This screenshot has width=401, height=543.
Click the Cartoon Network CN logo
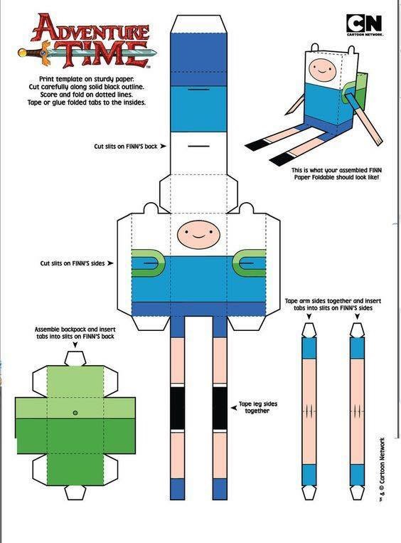[364, 23]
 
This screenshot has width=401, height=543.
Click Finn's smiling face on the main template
[198, 234]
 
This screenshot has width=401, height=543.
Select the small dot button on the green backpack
[75, 413]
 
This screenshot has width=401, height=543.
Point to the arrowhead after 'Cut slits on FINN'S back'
[163, 146]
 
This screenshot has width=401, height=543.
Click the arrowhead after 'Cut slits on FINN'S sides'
[110, 263]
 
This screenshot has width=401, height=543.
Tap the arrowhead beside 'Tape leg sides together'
[234, 408]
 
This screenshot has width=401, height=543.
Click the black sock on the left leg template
[177, 408]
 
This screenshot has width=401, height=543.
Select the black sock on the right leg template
[220, 408]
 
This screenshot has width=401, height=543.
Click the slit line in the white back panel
[198, 146]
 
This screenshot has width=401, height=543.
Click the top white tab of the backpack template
[75, 359]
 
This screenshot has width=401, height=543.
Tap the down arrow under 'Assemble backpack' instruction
[75, 345]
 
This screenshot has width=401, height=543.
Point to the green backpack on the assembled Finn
[355, 88]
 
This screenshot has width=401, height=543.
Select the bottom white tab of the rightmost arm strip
[357, 492]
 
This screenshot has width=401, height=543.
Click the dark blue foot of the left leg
[177, 489]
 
